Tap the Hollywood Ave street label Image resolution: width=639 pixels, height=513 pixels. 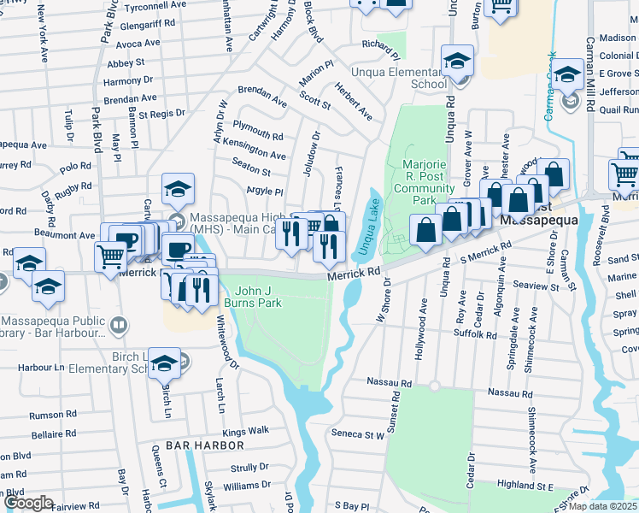tap(424, 318)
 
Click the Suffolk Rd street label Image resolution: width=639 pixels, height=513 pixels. tap(478, 336)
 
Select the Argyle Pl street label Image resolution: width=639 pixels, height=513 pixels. tap(264, 191)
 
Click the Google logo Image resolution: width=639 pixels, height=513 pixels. tap(27, 504)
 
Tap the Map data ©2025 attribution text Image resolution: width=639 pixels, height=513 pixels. tap(602, 506)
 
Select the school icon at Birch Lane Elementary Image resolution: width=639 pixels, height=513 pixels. tap(164, 363)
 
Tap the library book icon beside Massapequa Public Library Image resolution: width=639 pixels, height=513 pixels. tap(120, 324)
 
